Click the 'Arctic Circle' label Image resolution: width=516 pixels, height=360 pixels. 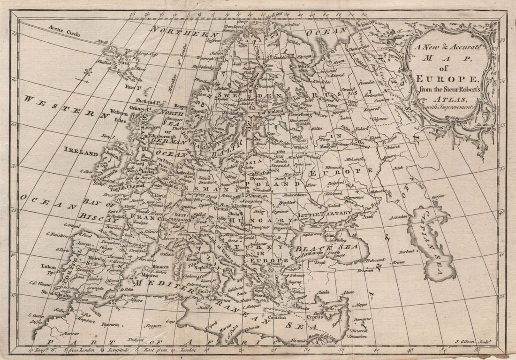pyautogui.click(x=64, y=30)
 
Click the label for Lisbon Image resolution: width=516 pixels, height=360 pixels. pyautogui.click(x=48, y=266)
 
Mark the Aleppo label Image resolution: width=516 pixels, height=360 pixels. pyautogui.click(x=361, y=304)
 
